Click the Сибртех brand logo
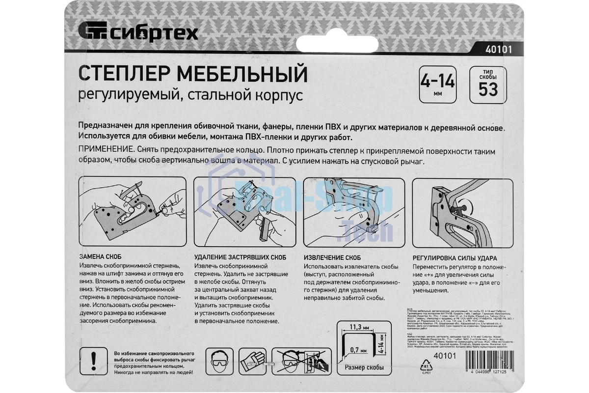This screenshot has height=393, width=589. tap(138, 33)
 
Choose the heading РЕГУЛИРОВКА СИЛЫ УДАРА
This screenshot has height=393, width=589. tap(455, 257)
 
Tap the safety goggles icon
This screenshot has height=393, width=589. tap(218, 362)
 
